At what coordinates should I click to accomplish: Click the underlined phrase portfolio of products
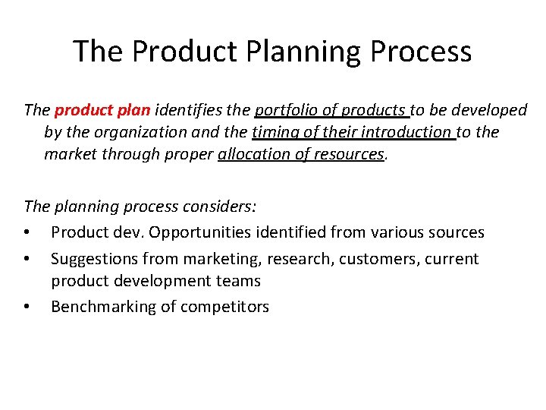[332, 110]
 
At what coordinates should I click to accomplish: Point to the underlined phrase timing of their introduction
[353, 132]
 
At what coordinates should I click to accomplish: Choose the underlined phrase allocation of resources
[301, 154]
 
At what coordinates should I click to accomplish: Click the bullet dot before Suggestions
[27, 260]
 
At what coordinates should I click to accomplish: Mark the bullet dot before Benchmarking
[27, 307]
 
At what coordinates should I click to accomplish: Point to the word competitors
[225, 307]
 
